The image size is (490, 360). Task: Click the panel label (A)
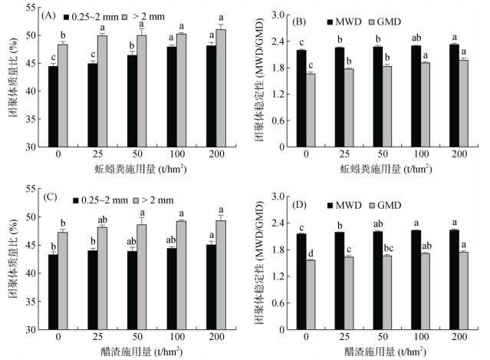click(x=50, y=16)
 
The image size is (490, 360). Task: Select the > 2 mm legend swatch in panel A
click(x=127, y=16)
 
